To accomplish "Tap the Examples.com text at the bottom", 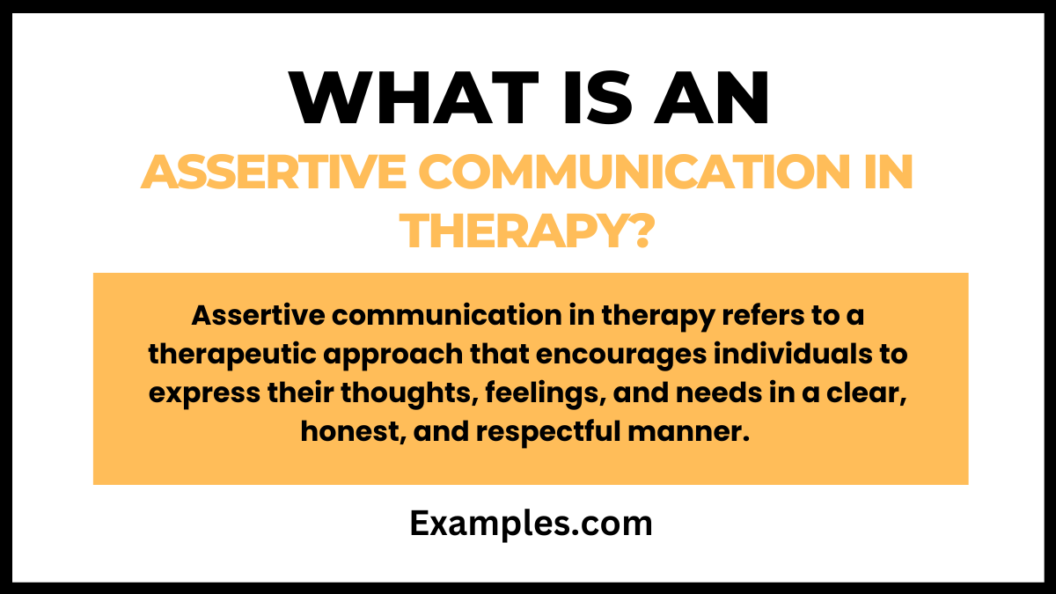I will click(531, 524).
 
